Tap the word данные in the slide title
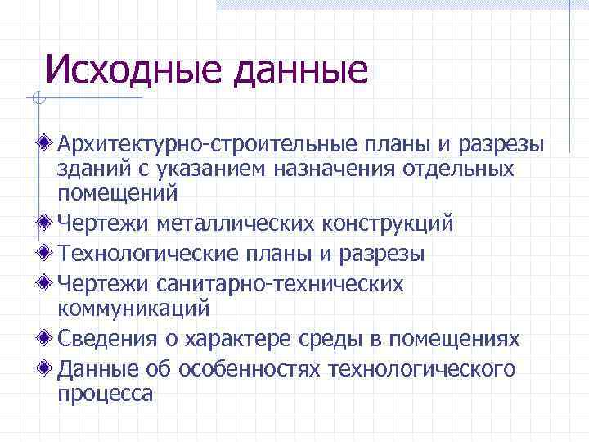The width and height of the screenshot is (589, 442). coord(300,71)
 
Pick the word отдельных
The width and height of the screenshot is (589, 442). coord(461,169)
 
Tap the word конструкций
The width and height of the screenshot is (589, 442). coord(384,223)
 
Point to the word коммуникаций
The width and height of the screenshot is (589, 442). coord(133,309)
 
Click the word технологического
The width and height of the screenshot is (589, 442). coord(421,369)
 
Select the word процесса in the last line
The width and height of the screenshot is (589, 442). coord(105,394)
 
